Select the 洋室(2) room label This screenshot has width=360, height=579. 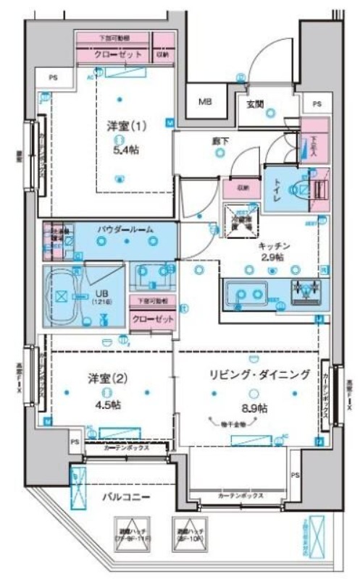104,378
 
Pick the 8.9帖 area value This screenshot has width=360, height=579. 253,408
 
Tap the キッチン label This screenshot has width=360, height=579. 271,246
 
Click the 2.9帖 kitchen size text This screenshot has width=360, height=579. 271,258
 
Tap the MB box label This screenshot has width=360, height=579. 206,102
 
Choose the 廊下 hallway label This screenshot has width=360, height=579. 219,141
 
